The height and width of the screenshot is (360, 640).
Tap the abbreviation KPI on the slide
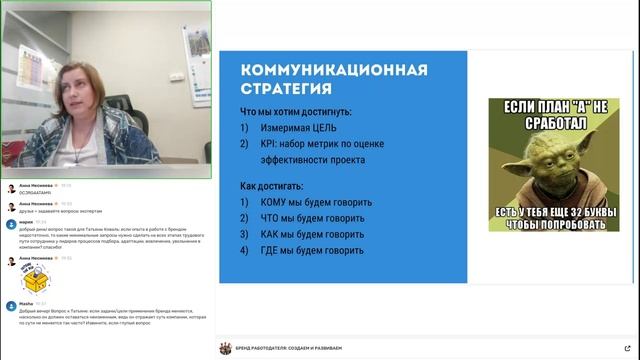point(270,144)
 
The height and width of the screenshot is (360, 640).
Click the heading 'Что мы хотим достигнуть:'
point(295,112)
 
